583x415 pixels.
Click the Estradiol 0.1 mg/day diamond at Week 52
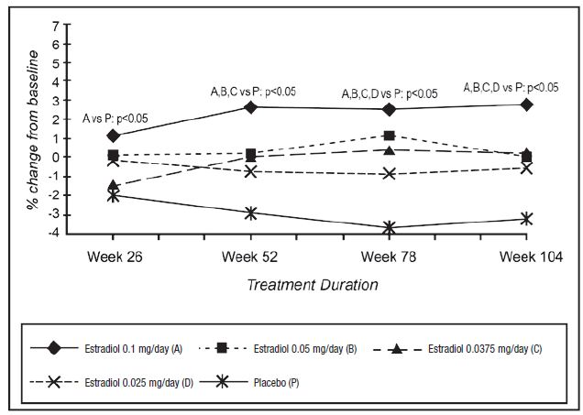point(250,107)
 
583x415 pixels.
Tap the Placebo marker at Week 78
point(389,227)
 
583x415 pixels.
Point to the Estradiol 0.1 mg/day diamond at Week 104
point(526,104)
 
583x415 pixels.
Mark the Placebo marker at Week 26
point(113,195)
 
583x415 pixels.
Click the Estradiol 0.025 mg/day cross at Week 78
point(389,173)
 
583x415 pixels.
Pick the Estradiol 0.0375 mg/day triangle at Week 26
point(113,185)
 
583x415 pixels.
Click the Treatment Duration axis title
point(313,284)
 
